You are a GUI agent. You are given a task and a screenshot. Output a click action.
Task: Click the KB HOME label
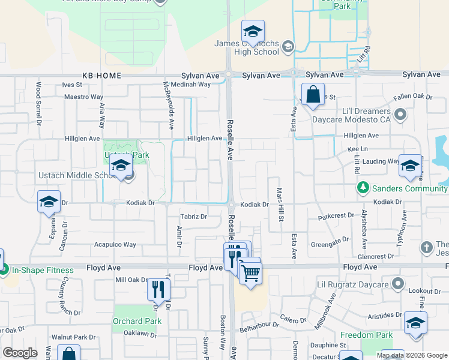pos(102,76)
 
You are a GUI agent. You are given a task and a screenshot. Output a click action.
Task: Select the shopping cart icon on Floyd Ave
pos(250,273)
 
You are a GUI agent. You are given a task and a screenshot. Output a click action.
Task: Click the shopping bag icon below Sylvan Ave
pos(313,94)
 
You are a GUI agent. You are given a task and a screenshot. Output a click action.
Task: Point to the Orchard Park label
pos(137,321)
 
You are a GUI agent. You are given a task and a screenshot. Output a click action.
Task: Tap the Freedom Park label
pos(366,335)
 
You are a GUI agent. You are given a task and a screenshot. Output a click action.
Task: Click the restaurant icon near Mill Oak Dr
pos(158,289)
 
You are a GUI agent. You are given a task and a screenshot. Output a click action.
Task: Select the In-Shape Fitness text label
pos(43,270)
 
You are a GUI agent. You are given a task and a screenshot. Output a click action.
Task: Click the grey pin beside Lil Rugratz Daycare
pos(397,283)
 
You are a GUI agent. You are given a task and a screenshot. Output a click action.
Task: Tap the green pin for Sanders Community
pos(363,188)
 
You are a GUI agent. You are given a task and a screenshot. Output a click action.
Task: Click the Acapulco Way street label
pos(115,245)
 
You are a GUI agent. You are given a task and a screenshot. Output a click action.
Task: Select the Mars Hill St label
pos(280,205)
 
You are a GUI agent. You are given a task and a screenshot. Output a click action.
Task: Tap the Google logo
pos(20,353)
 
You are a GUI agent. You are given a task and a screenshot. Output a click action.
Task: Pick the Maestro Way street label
pos(85,97)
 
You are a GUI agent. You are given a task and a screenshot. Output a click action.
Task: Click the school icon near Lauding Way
pos(410,165)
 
